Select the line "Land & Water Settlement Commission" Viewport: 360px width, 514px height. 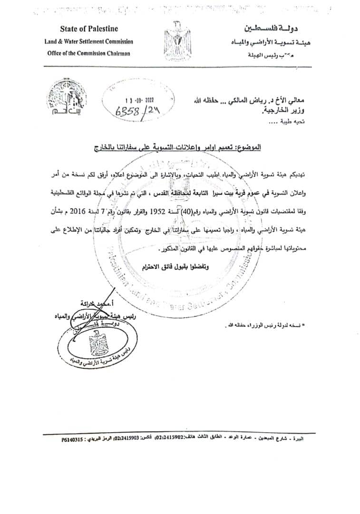(89, 42)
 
